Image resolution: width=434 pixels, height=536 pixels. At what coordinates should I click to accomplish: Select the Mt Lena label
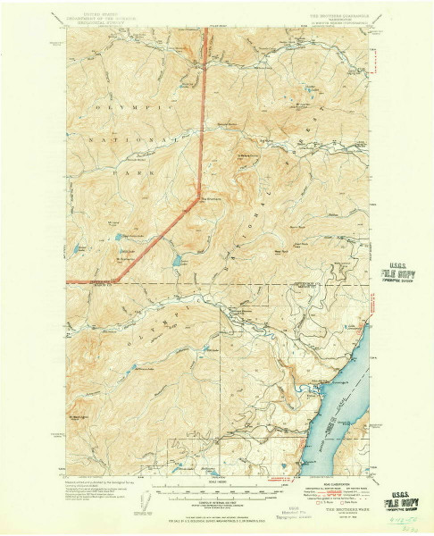point(114,223)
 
